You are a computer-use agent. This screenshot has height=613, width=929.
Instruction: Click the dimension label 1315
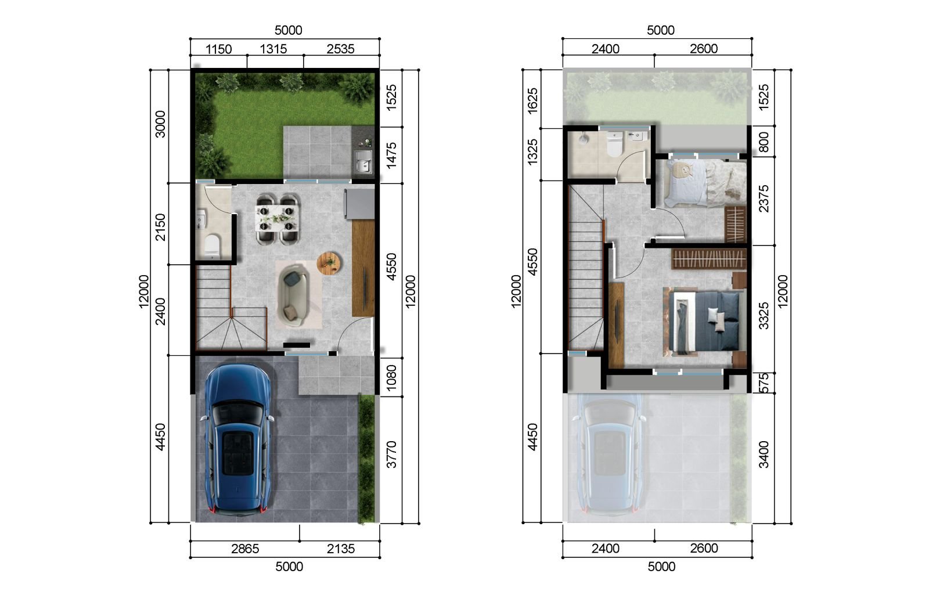coord(273,49)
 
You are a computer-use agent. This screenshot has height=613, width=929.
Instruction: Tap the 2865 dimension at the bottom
coord(244,549)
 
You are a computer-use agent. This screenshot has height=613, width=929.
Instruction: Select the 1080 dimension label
coord(391,377)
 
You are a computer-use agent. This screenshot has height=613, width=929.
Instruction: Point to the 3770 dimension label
coord(391,455)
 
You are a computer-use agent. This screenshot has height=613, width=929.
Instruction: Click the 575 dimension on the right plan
coord(764,383)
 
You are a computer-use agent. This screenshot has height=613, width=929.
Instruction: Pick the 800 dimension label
coord(764,142)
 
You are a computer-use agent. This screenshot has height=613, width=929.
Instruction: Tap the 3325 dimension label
coord(764,316)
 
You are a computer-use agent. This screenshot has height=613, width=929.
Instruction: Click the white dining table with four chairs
coord(277,219)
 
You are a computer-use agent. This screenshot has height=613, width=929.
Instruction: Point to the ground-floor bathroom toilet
coord(212,245)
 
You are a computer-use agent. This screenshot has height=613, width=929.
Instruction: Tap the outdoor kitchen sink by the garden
coord(364,162)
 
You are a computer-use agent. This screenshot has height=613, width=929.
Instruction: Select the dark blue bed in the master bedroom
coord(704,322)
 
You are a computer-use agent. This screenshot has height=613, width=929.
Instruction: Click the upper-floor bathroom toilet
coord(614,145)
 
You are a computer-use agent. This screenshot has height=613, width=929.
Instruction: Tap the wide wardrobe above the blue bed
coord(708,259)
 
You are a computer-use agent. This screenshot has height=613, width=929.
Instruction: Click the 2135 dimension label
coord(340,549)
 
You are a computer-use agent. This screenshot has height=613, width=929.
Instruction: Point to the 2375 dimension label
coord(764,199)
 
